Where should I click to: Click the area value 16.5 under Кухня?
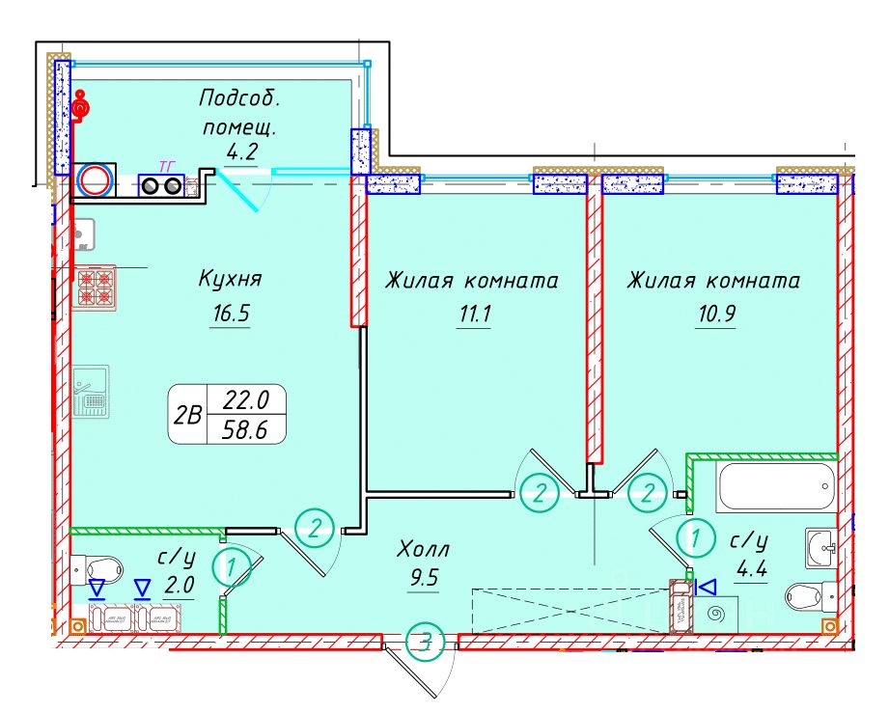[x=230, y=315]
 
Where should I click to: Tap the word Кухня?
[x=230, y=280]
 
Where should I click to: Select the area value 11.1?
[x=471, y=315]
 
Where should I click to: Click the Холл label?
[x=425, y=550]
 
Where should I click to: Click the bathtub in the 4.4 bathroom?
[x=775, y=487]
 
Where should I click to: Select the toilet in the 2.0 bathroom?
[x=93, y=568]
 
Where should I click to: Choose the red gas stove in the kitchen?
[x=96, y=288]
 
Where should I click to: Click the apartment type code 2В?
[x=187, y=416]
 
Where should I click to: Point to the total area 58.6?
[x=247, y=430]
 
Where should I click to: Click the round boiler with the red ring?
[x=96, y=181]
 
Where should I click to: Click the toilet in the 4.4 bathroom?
[x=809, y=594]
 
